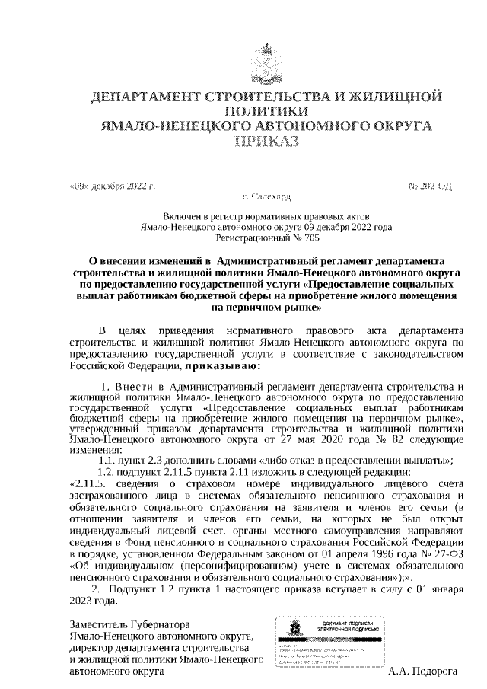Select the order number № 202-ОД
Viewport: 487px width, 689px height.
pos(431,186)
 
